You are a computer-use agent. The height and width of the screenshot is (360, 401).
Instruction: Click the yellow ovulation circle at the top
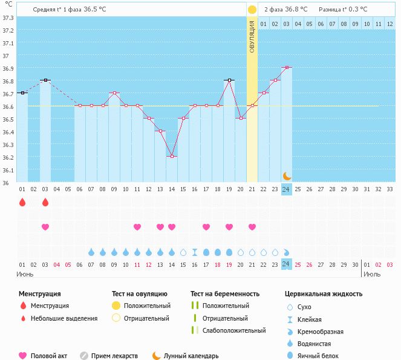pos(252,10)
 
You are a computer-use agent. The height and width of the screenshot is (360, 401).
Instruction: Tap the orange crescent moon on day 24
pos(287,175)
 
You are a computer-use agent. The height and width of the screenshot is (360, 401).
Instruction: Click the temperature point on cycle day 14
pos(172,156)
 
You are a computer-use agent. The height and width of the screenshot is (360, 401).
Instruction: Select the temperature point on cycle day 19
pos(229,80)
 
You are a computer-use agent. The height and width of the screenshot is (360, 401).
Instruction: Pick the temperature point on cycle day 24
pos(287,67)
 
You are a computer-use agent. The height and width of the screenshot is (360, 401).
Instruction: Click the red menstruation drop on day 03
pos(45,203)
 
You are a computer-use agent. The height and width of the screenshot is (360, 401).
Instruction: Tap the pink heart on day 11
pos(137,227)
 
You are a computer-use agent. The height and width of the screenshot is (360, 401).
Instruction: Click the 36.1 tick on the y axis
pos(8,170)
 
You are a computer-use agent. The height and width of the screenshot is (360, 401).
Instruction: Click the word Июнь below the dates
pos(25,274)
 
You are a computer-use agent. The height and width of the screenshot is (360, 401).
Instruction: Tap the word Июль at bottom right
pos(373,274)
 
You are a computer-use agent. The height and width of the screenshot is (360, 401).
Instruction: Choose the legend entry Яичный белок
pos(322,356)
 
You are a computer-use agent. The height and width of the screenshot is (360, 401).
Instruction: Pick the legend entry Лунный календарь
pos(191,356)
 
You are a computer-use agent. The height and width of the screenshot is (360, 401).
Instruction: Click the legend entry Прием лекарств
pos(114,356)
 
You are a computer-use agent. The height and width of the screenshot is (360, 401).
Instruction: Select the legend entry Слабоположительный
pos(234,330)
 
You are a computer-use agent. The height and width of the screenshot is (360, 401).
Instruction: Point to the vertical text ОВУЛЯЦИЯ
pos(252,36)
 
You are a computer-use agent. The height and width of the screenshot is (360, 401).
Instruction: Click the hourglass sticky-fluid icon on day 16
pos(195,252)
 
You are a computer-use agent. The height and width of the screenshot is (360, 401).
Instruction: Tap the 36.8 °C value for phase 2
pos(296,10)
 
